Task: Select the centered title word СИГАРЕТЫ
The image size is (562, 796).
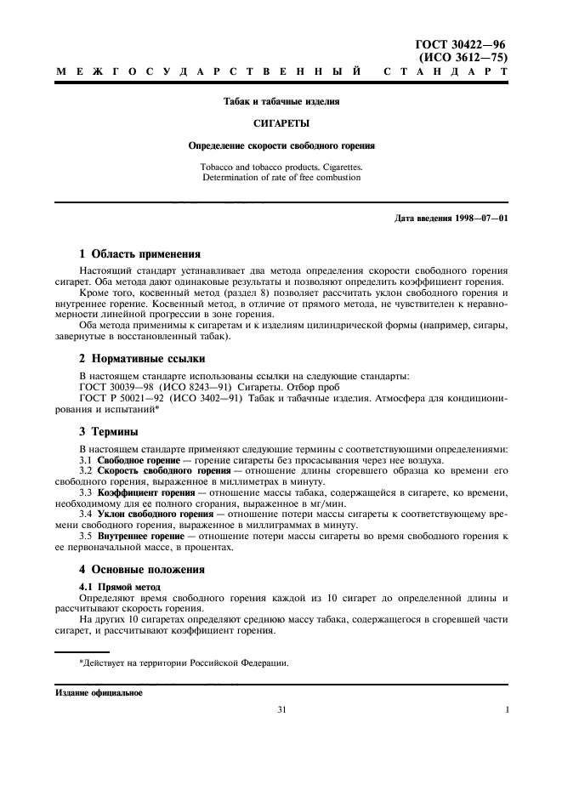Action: click(281, 122)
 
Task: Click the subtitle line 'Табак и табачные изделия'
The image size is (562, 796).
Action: click(281, 101)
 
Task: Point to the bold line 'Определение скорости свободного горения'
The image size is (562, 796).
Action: click(281, 145)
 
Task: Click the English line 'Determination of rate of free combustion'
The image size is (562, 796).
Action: click(281, 177)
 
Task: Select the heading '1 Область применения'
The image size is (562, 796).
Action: click(139, 253)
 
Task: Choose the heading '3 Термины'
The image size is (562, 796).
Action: click(108, 431)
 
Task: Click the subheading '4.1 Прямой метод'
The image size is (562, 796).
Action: click(116, 587)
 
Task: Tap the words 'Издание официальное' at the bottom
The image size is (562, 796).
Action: click(99, 691)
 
